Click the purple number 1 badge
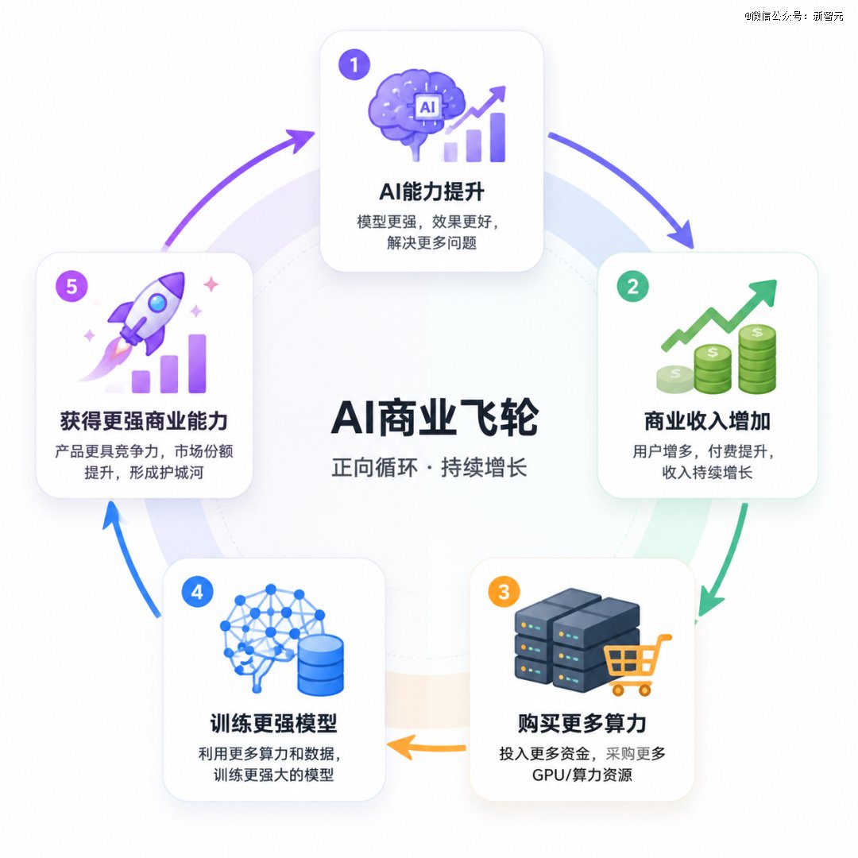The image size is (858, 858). [354, 64]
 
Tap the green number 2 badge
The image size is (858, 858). [633, 286]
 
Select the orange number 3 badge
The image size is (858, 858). [504, 592]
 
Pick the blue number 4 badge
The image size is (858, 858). [198, 592]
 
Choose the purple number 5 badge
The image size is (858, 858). [71, 286]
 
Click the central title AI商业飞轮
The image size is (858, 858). [435, 418]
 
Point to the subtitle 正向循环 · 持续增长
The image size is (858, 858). [429, 468]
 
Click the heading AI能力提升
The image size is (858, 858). [431, 191]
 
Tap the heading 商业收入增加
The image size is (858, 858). [708, 421]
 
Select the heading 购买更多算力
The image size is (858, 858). [582, 724]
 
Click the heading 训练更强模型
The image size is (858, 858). [273, 724]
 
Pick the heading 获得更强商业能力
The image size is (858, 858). [144, 421]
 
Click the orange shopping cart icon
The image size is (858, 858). [637, 665]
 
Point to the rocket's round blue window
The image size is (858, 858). [157, 303]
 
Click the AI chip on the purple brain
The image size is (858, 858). [427, 106]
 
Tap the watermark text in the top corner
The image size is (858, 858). [794, 16]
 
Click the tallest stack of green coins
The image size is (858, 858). [757, 359]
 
